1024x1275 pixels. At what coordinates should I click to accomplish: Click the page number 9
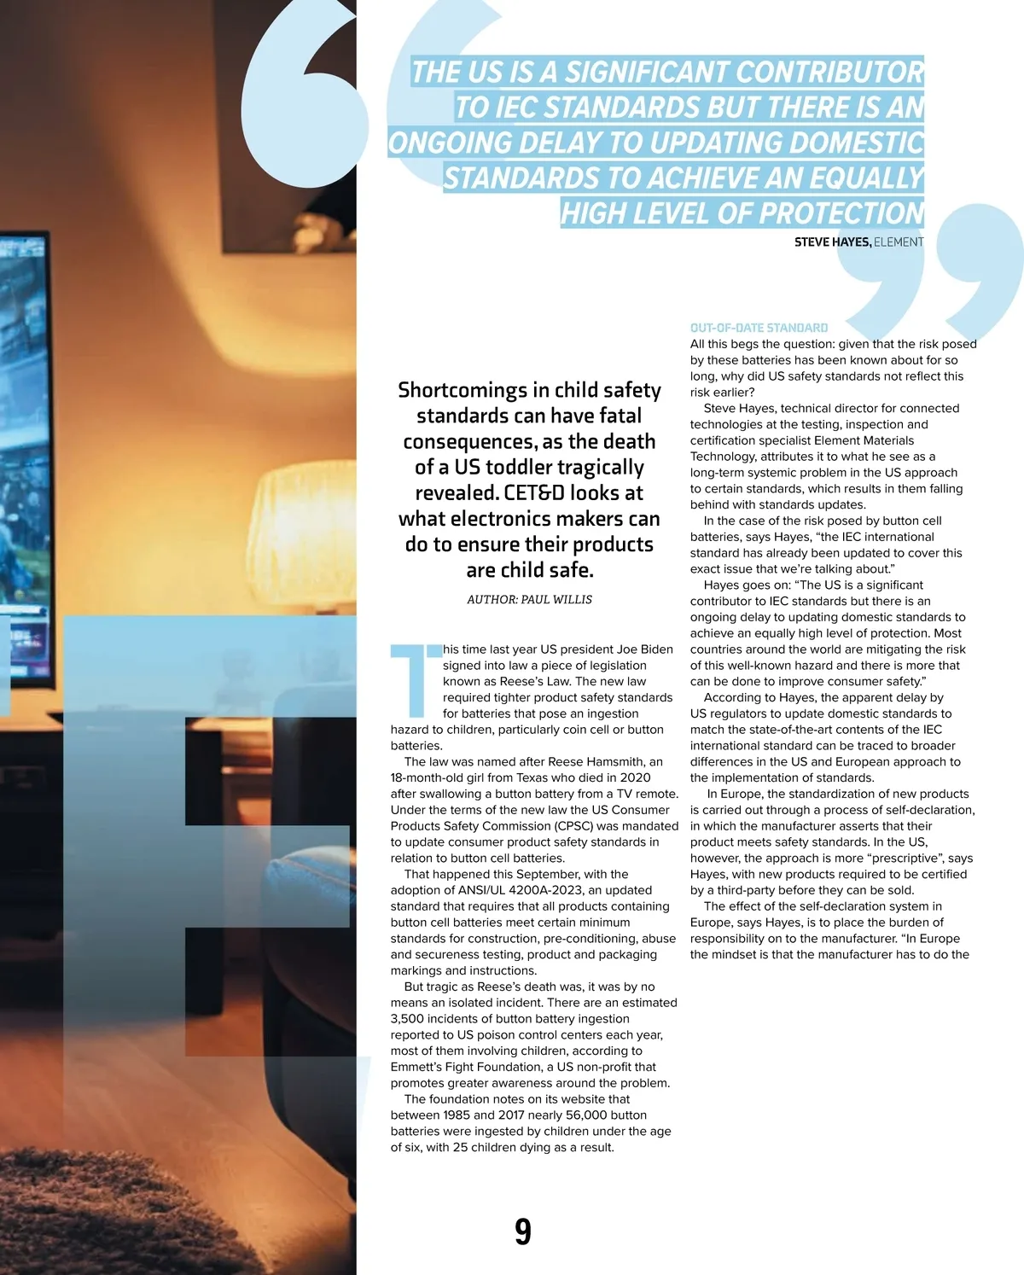coord(523,1231)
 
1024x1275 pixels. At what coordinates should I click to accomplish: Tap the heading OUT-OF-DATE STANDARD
coord(759,328)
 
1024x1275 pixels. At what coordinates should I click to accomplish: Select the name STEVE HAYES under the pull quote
coord(832,242)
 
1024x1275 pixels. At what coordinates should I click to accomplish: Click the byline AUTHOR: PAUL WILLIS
coord(529,600)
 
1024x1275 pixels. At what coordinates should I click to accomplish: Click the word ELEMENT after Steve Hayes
coord(899,242)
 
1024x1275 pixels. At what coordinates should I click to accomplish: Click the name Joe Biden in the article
coord(645,649)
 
